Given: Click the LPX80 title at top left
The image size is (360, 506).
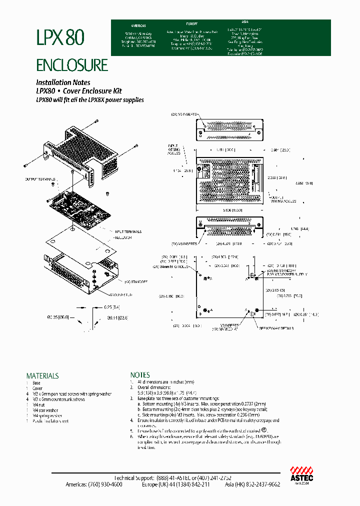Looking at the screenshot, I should point(60,37).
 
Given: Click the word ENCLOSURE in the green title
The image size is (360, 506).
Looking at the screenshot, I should point(71,65).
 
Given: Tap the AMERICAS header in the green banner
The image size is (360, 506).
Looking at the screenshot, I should point(138,25).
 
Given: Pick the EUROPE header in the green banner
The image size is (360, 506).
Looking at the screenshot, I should point(192,23).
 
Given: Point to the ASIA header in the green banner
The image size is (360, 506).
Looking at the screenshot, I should point(245,22).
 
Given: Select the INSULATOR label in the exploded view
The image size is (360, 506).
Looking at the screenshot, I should point(123,237).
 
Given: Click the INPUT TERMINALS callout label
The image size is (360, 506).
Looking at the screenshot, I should point(128,231).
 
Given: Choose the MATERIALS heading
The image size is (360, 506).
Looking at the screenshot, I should point(42,375).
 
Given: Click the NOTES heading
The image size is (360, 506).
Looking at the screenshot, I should point(140,374).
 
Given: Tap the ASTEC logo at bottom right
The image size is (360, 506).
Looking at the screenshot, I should point(301,473).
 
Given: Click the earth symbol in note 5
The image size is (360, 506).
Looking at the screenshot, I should point(264,430).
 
